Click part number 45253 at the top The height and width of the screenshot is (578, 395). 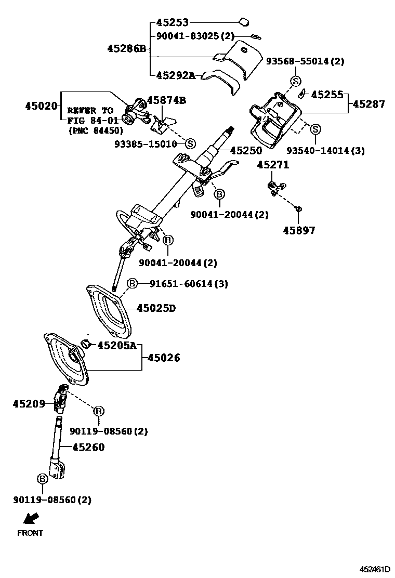173,23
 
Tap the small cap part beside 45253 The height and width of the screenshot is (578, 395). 243,22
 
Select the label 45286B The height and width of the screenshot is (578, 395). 126,49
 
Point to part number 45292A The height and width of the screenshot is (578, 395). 176,75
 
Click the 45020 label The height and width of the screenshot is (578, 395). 41,106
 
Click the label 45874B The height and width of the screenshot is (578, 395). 166,100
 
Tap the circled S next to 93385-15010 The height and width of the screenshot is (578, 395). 190,143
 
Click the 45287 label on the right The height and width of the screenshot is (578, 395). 368,104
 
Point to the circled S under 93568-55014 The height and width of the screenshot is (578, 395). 295,81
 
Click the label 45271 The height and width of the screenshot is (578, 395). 272,165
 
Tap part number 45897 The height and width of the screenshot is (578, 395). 299,230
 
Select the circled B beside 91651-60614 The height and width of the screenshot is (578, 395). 133,283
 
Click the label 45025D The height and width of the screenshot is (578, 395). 156,308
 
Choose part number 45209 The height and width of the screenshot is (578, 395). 29,403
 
